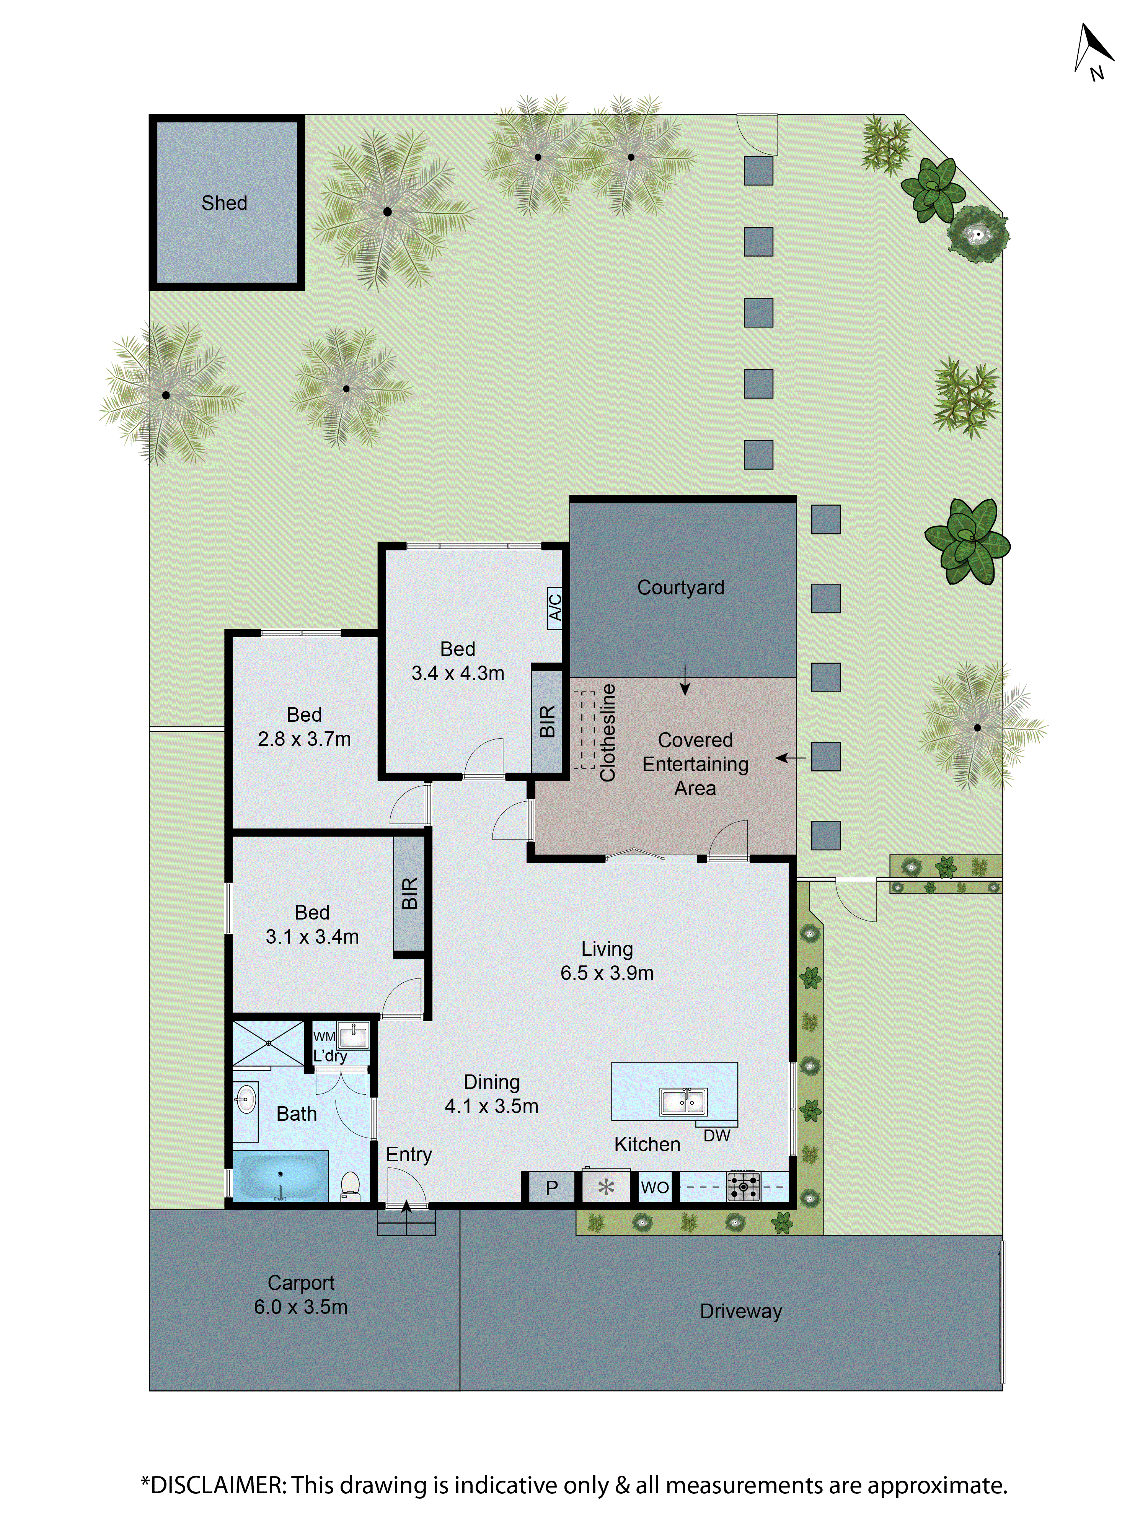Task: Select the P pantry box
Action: click(551, 1188)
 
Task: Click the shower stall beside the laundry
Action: click(268, 1042)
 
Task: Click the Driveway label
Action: click(740, 1311)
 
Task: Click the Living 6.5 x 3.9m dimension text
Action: click(607, 972)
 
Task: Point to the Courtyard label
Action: click(680, 587)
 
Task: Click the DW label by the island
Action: click(716, 1135)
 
